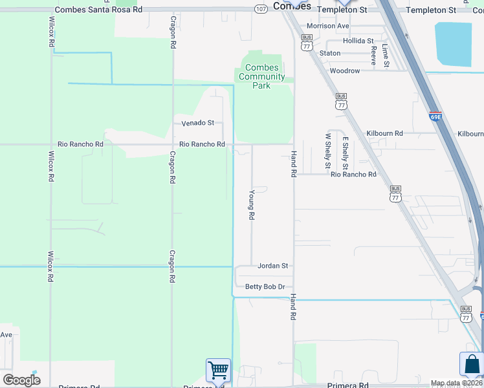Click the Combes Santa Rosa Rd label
coord(98,10)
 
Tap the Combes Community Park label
coord(263,76)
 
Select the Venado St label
coord(197,123)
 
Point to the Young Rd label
coord(252,204)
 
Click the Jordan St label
coord(272,266)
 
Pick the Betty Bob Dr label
coord(265,286)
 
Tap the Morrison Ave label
coord(327,26)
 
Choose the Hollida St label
coord(358,41)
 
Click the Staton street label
coord(330,54)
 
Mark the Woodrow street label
coord(344,70)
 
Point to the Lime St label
coord(386,56)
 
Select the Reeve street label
coord(373,56)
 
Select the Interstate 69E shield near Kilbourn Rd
coord(435,117)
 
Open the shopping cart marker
coord(219,371)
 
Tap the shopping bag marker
coord(471,364)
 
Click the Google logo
coord(21,380)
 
